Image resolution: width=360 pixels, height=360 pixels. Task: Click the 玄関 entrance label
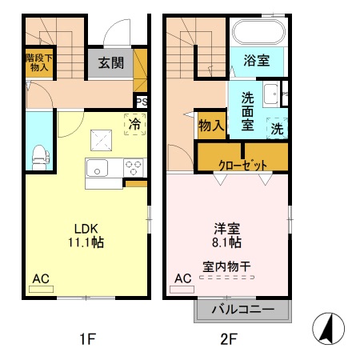pyautogui.click(x=111, y=63)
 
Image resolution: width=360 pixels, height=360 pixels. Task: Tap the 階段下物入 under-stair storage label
pyautogui.click(x=39, y=63)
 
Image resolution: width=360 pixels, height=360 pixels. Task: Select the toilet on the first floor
pyautogui.click(x=41, y=158)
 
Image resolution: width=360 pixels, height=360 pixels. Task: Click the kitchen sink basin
pyautogui.click(x=97, y=168)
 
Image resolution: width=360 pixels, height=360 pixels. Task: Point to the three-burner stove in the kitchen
pyautogui.click(x=134, y=167)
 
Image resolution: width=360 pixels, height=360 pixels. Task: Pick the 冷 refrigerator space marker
pyautogui.click(x=135, y=124)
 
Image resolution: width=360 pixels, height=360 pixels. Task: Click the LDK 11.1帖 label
pyautogui.click(x=86, y=236)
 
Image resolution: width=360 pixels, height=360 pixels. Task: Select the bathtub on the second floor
pyautogui.click(x=258, y=32)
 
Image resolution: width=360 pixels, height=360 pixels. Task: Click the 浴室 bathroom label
pyautogui.click(x=257, y=61)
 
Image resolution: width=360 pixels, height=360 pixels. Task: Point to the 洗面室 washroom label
pyautogui.click(x=247, y=111)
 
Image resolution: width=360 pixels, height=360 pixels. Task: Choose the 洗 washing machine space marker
pyautogui.click(x=277, y=128)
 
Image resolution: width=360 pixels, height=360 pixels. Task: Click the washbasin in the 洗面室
pyautogui.click(x=271, y=94)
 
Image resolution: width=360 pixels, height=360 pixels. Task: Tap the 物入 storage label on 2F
pyautogui.click(x=211, y=126)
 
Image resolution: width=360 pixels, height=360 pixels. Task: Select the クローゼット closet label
pyautogui.click(x=242, y=165)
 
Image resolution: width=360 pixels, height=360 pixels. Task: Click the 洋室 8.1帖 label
pyautogui.click(x=226, y=235)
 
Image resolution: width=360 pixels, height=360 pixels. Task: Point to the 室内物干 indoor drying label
pyautogui.click(x=226, y=266)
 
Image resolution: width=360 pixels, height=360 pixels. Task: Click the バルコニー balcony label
pyautogui.click(x=243, y=310)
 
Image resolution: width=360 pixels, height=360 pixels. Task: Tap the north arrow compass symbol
pyautogui.click(x=328, y=329)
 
